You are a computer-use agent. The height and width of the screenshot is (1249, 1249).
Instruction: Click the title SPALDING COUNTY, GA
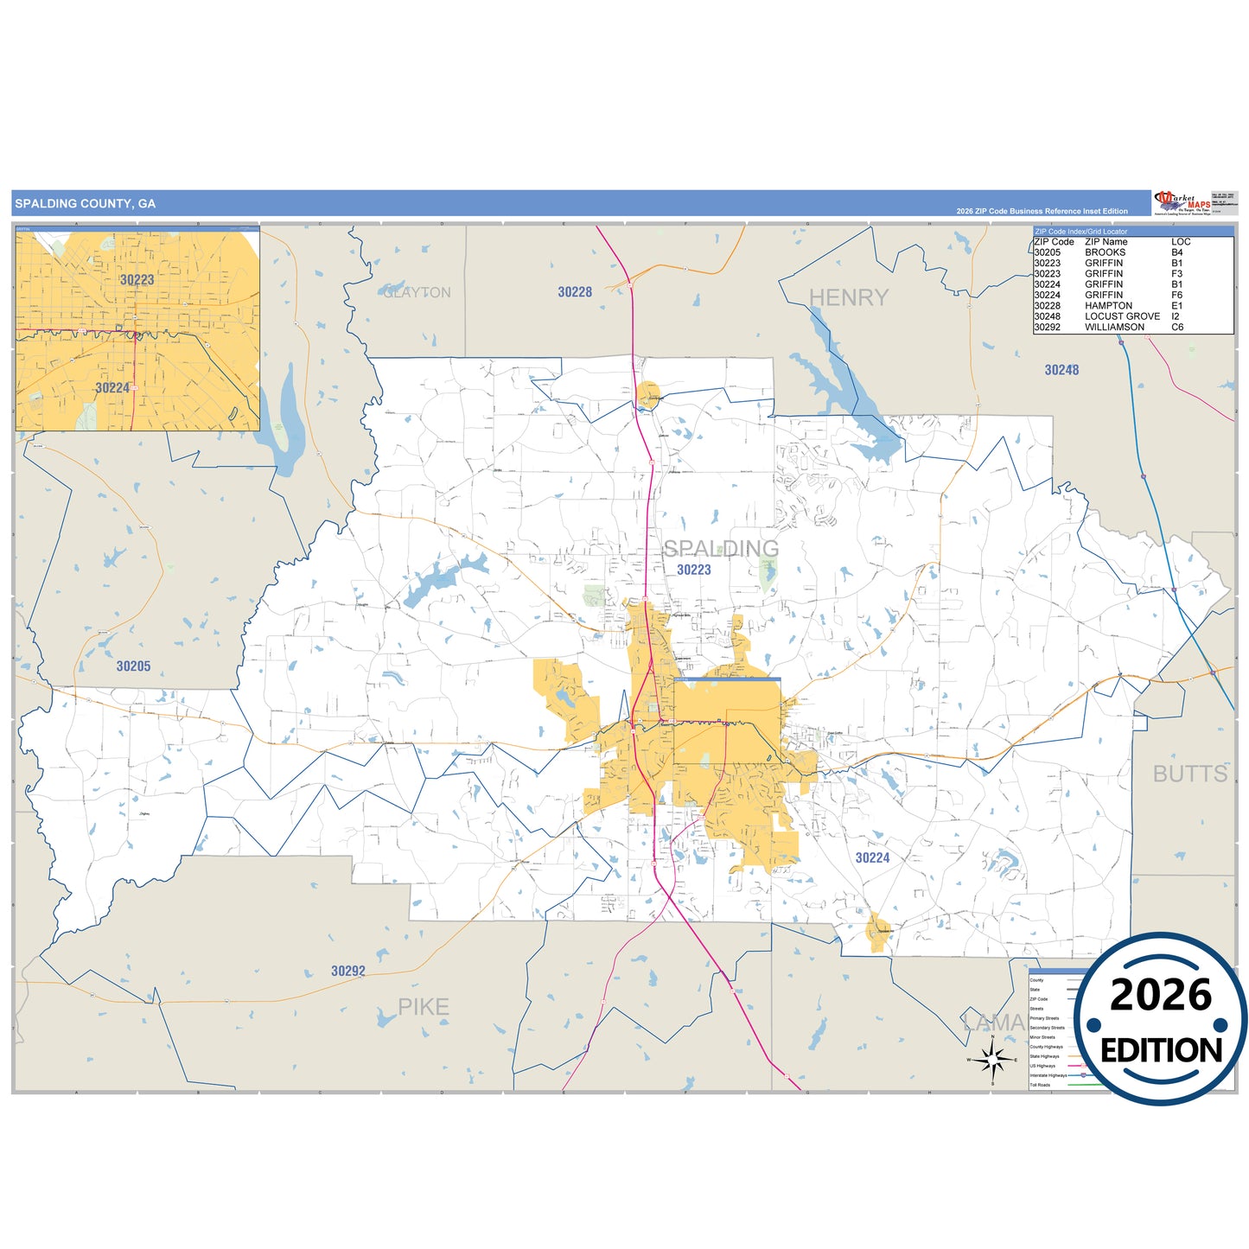tap(86, 204)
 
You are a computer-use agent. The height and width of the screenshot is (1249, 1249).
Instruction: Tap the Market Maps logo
tap(1182, 202)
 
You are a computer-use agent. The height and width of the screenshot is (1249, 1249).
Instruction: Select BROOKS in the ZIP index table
tap(1105, 252)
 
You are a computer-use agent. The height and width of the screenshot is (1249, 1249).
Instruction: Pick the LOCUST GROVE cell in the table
tap(1122, 316)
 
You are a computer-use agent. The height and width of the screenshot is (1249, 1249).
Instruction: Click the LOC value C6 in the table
tap(1177, 328)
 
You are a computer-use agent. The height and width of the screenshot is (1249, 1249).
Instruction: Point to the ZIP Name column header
tap(1106, 242)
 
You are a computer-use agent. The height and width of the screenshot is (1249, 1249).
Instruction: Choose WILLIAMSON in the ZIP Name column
tap(1114, 328)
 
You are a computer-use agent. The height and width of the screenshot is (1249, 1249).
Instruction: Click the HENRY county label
tap(848, 297)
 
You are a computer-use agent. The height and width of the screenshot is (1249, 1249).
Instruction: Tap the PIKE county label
tap(423, 1007)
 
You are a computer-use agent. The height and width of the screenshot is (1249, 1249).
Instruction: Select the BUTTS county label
tap(1189, 774)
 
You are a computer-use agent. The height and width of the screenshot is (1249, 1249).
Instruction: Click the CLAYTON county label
tap(417, 293)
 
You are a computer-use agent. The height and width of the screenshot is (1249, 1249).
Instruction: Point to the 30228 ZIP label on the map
tap(575, 292)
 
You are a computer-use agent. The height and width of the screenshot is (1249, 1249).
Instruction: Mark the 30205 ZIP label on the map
tap(133, 666)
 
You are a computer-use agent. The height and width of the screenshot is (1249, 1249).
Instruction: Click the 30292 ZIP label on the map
tap(348, 972)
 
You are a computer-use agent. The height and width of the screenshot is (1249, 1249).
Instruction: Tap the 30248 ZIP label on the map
tap(1061, 370)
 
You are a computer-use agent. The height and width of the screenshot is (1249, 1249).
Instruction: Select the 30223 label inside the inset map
tap(137, 280)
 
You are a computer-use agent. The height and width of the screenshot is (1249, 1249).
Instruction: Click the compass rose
tap(992, 1059)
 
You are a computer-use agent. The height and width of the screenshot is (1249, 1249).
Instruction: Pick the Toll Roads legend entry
tap(1040, 1085)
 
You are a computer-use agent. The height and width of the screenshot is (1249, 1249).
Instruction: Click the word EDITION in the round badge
tap(1160, 1050)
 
